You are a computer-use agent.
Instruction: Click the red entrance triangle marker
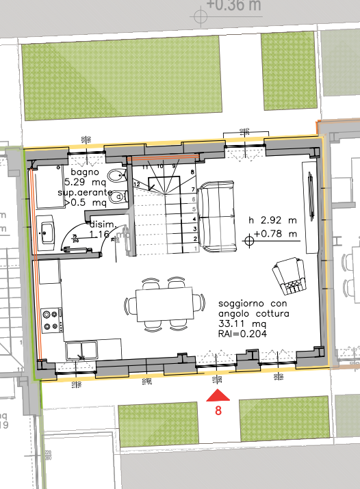click(218, 395)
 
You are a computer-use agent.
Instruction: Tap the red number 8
click(218, 411)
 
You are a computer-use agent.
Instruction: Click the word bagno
click(84, 174)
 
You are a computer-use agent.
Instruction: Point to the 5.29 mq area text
click(83, 183)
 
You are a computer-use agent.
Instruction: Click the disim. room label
click(102, 224)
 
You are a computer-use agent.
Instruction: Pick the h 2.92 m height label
click(273, 220)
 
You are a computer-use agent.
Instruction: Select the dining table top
click(164, 302)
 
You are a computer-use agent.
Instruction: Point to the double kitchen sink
click(82, 350)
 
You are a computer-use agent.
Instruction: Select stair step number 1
click(196, 249)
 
